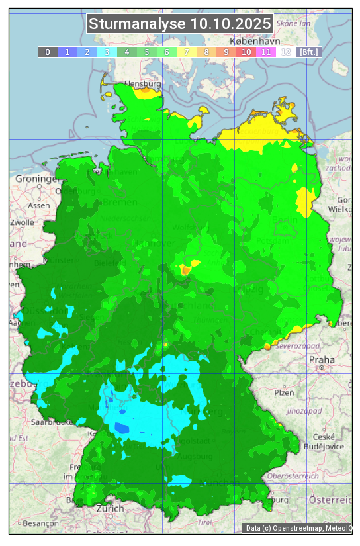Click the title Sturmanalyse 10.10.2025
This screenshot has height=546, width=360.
179,24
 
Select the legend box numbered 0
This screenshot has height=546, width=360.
48,52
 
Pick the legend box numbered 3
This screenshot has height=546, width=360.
107,52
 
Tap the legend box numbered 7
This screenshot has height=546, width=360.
187,52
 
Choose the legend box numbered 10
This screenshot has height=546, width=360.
246,52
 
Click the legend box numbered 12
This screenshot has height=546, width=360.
286,52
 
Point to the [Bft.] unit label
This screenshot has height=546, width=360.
308,52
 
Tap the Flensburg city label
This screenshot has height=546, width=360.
142,85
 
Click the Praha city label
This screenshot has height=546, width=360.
322,359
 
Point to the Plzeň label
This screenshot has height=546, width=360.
284,392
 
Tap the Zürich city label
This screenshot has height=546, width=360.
110,508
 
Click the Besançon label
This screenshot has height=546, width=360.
40,523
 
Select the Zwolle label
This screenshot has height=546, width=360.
21,222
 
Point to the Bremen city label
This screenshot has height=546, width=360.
120,202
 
